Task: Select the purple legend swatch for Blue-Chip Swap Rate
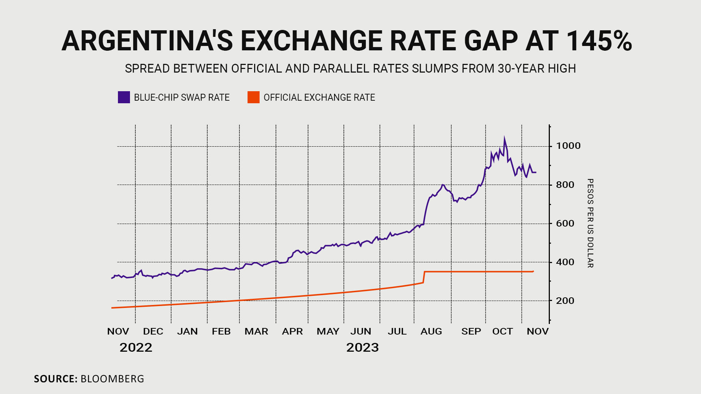click(x=124, y=97)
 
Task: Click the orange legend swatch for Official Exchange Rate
click(x=253, y=97)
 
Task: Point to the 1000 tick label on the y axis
click(x=568, y=146)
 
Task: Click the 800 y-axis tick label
click(x=565, y=185)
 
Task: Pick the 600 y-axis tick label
click(x=565, y=224)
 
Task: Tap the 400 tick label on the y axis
click(x=565, y=262)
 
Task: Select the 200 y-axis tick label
click(x=565, y=301)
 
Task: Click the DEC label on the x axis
click(x=153, y=332)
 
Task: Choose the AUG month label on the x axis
click(x=431, y=332)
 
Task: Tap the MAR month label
click(x=256, y=332)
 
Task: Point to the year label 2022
click(x=136, y=348)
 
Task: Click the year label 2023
click(x=363, y=348)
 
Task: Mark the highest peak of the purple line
click(x=504, y=139)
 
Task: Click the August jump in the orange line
click(x=424, y=277)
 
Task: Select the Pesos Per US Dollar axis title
click(x=590, y=223)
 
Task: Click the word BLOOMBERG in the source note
click(x=112, y=379)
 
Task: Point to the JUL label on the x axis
click(x=397, y=332)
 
